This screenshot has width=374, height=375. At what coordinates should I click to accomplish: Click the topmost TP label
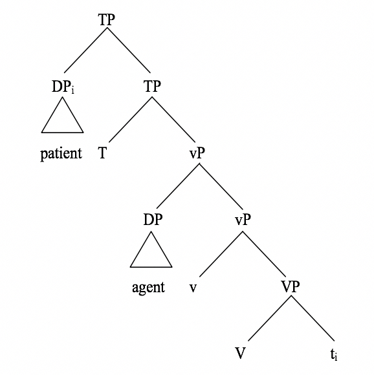(107, 19)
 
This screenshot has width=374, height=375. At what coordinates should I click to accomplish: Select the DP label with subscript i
(63, 87)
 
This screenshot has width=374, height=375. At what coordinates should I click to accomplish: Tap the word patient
(61, 153)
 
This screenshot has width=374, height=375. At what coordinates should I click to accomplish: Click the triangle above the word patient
(63, 115)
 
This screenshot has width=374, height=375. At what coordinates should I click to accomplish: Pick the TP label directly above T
(152, 87)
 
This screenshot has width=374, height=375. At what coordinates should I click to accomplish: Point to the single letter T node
(102, 153)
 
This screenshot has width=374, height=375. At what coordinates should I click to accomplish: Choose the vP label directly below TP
(197, 153)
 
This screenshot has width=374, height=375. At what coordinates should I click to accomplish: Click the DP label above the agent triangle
(153, 219)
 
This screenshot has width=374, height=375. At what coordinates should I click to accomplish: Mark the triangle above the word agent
(151, 249)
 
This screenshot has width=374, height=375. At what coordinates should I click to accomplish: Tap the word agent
(148, 287)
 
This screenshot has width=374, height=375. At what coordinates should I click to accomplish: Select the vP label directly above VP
(243, 219)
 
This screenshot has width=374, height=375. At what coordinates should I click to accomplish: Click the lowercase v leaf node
(193, 288)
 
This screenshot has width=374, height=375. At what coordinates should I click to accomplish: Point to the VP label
(291, 286)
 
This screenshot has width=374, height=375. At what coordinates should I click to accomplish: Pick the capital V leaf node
(240, 353)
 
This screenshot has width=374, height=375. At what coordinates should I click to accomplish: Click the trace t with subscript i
(334, 354)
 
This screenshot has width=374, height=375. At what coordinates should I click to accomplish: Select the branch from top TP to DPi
(85, 50)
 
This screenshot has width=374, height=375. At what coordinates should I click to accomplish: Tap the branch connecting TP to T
(131, 120)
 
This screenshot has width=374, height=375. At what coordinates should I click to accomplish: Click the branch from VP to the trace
(313, 318)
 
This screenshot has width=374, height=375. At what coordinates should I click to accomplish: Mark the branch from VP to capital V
(270, 318)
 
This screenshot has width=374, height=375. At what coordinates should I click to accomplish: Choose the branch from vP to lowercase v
(221, 254)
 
